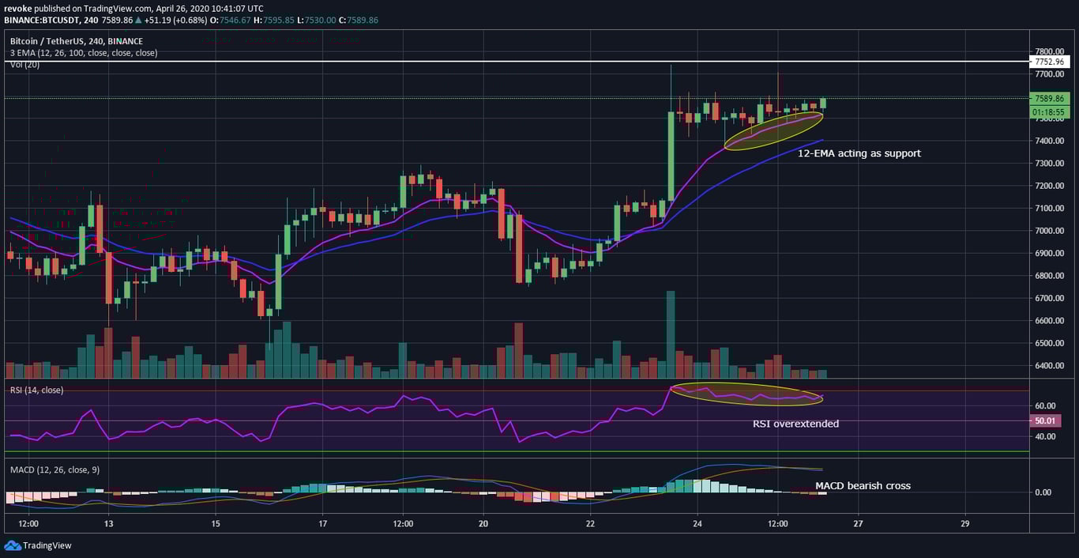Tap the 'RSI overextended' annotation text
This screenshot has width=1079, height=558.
pos(795,424)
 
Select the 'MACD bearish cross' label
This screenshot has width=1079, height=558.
pos(863,486)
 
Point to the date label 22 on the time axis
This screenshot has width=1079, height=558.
pos(591,524)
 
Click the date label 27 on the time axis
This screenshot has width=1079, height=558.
pos(858,524)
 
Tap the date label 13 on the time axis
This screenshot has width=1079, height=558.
pos(108,524)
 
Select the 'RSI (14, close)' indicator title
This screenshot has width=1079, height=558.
pos(36,390)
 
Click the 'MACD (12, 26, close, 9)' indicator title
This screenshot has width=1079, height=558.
pos(55,470)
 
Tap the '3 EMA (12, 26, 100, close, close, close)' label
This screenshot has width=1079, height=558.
pos(84,53)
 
